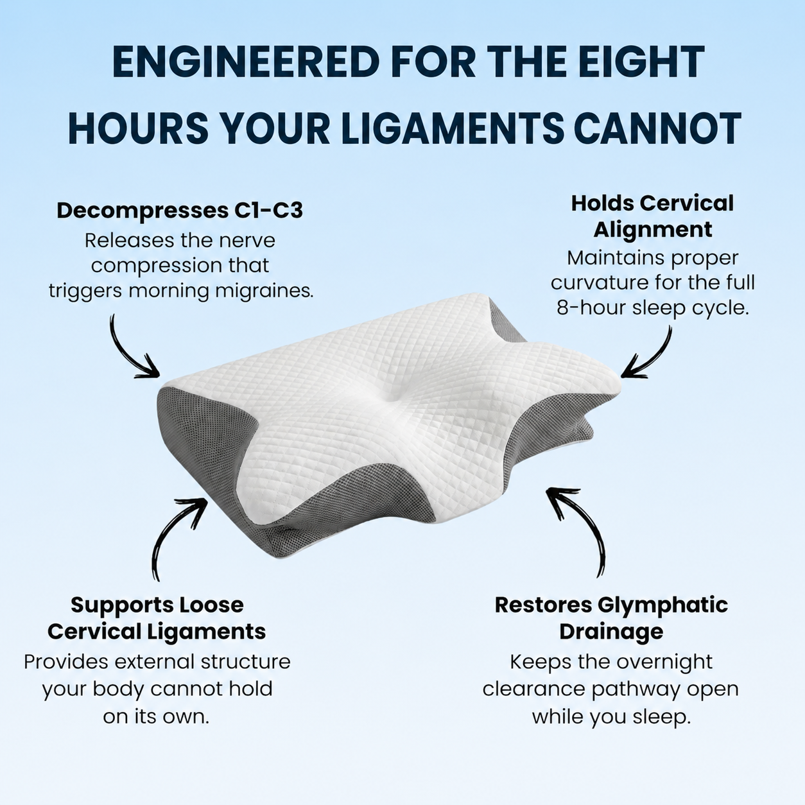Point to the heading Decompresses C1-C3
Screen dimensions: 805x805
point(180,211)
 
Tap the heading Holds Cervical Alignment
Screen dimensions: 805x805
point(652,216)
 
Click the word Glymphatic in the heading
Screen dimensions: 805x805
point(662,605)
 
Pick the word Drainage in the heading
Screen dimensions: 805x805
point(611,632)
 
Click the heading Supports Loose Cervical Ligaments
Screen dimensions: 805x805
point(157,618)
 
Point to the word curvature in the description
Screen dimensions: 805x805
point(599,283)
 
